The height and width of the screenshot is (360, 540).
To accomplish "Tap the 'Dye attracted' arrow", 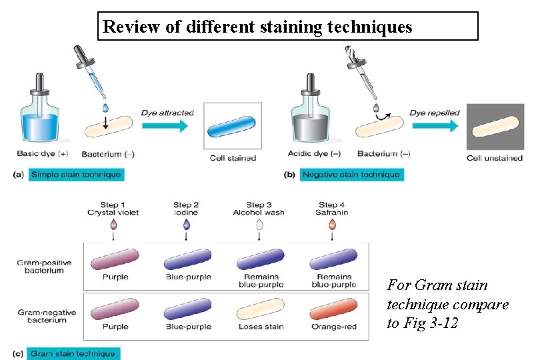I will click(167, 125).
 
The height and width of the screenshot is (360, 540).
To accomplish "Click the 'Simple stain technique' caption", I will click(76, 175).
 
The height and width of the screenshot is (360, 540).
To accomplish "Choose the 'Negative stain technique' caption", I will click(351, 175).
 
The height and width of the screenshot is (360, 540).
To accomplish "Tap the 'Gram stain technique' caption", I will click(73, 354).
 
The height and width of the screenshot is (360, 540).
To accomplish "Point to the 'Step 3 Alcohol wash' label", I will click(259, 209).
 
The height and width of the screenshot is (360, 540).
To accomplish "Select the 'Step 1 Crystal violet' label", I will click(113, 209).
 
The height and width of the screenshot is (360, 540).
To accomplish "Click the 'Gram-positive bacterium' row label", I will click(41, 266).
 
